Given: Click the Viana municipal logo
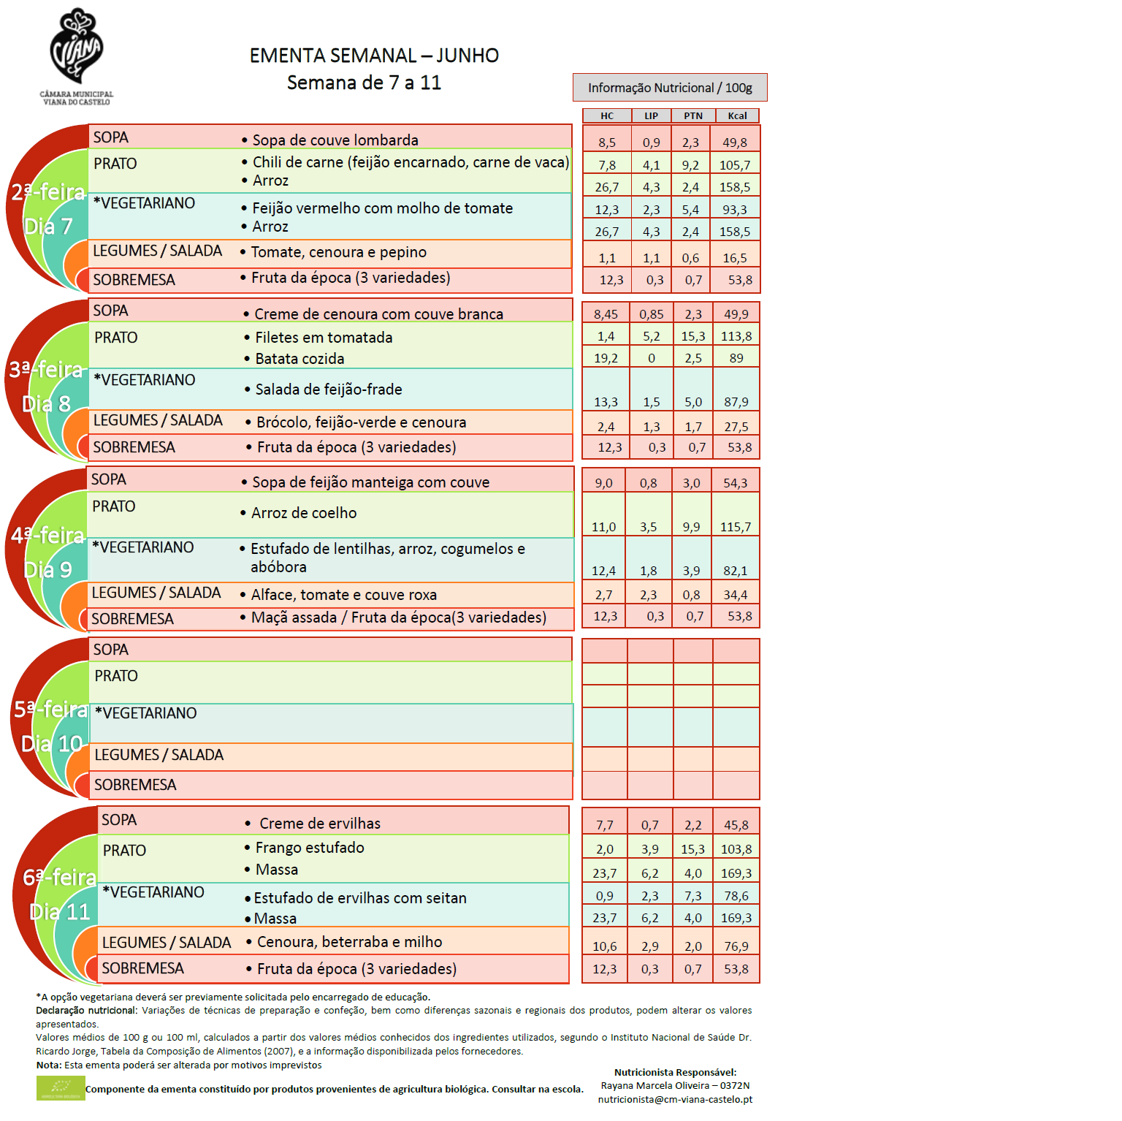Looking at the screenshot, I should click(76, 56).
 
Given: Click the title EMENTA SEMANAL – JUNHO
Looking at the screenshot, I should click(374, 56).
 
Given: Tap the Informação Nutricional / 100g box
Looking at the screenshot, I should click(670, 88).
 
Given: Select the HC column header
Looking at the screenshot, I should click(607, 115).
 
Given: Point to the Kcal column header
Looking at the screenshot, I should click(737, 115).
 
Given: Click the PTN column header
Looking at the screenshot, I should click(693, 115).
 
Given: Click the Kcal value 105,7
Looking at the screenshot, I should click(735, 165).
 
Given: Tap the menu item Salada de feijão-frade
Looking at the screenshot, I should click(329, 389).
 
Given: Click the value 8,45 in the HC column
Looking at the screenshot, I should click(606, 314).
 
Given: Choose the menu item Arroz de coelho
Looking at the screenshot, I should click(304, 513).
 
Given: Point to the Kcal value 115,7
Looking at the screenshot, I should click(736, 527).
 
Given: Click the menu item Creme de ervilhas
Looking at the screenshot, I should click(320, 824).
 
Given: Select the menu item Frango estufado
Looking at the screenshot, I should click(310, 848).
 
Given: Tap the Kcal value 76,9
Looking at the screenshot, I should click(736, 946).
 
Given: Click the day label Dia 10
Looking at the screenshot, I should click(51, 744).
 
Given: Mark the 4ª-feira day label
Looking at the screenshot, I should click(47, 536).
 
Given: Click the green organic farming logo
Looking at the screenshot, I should click(61, 1088).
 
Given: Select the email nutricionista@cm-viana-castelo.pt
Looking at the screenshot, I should click(675, 1099).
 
